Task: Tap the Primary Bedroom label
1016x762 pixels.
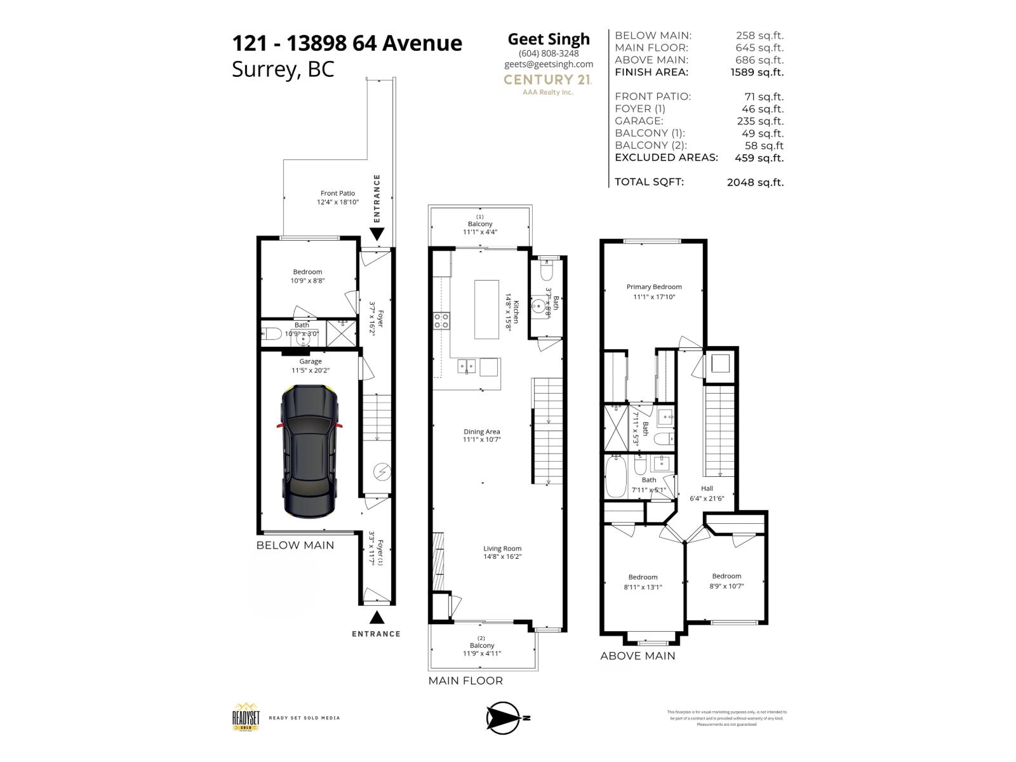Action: point(654,287)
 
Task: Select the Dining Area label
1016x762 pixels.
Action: point(482,432)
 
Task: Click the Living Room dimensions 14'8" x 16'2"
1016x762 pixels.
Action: point(502,557)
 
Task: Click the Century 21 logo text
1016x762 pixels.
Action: point(547,79)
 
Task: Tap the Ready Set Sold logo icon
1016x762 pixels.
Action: point(245,718)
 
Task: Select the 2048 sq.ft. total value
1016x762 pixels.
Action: point(755,182)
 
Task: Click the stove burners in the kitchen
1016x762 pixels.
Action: point(441,321)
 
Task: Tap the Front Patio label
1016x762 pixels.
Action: point(338,193)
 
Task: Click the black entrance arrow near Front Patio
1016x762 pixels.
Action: point(377,234)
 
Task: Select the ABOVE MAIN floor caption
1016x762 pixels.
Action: point(638,656)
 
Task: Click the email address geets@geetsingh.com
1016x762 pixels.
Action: point(549,64)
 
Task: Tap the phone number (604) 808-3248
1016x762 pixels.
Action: point(549,54)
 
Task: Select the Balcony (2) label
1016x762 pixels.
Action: point(482,645)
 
